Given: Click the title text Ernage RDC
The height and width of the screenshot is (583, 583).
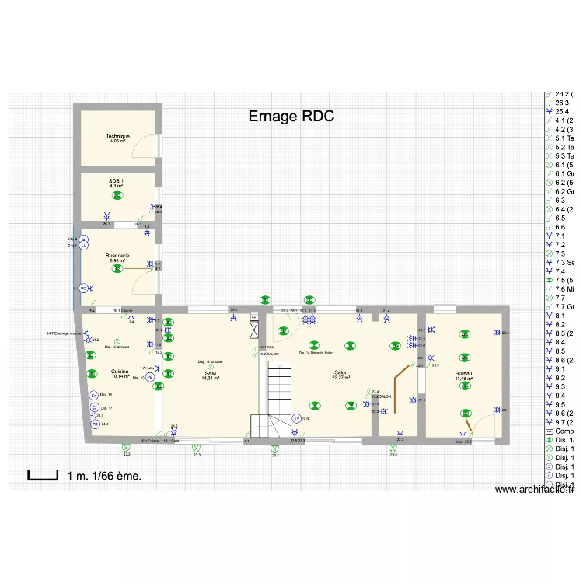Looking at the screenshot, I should [x=291, y=117].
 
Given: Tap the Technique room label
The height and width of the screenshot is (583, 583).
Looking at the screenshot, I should [x=118, y=138].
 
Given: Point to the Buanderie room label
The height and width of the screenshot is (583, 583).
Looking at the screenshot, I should [x=117, y=257].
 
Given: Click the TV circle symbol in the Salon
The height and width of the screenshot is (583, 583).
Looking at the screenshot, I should [x=296, y=419].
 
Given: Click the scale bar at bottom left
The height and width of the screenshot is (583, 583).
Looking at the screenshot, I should [x=43, y=474].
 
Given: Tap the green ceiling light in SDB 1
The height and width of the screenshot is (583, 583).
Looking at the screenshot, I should [x=117, y=196].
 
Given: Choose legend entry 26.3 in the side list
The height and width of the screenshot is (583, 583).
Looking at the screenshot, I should [x=561, y=102].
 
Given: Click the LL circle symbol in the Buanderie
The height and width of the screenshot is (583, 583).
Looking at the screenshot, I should [x=84, y=246].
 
